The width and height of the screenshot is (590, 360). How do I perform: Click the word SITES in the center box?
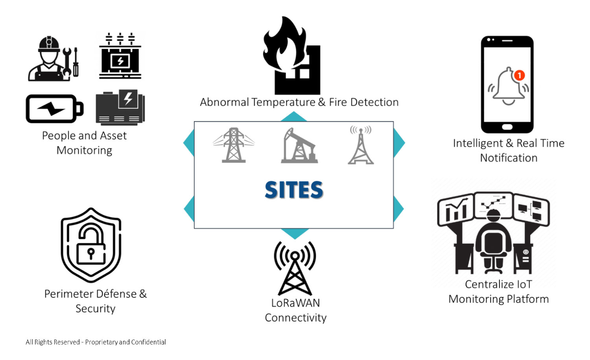[x=294, y=190]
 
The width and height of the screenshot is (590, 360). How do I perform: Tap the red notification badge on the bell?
[x=519, y=75]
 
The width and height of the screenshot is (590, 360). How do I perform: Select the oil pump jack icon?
[x=299, y=146]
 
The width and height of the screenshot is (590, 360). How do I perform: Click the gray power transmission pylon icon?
[x=234, y=145]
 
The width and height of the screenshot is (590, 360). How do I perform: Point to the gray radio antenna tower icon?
[x=361, y=145]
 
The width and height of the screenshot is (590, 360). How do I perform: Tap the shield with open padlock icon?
[x=91, y=245]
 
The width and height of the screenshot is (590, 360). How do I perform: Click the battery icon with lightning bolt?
[x=54, y=109]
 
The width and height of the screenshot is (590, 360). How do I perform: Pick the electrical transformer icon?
[x=120, y=56]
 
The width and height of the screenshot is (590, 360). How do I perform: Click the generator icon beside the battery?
[x=120, y=107]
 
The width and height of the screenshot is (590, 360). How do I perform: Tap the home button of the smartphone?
[x=507, y=127]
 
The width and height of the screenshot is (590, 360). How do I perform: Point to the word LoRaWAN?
[x=295, y=303]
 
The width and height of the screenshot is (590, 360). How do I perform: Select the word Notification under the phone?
[x=509, y=158]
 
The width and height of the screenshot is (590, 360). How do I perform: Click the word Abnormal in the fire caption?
[x=224, y=102]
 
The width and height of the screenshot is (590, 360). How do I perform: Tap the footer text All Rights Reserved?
[x=53, y=342]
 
